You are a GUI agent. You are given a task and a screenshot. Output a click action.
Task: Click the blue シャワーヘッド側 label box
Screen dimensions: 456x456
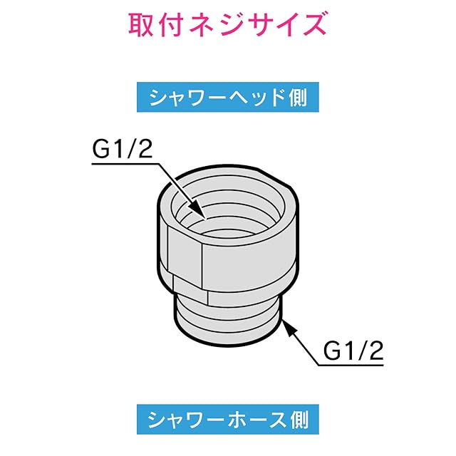[x=227, y=98]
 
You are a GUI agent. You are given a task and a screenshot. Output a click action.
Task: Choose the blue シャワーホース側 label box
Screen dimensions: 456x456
[x=227, y=416]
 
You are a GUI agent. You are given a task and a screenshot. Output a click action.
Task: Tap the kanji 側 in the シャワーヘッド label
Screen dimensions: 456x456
[x=297, y=98]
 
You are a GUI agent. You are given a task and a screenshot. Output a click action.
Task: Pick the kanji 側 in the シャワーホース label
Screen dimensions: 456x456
[x=297, y=416]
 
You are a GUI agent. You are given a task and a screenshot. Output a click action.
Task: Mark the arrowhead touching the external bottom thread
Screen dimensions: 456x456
[x=288, y=326]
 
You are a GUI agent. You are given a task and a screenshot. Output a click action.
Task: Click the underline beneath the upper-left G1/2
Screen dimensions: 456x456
[x=125, y=163]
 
